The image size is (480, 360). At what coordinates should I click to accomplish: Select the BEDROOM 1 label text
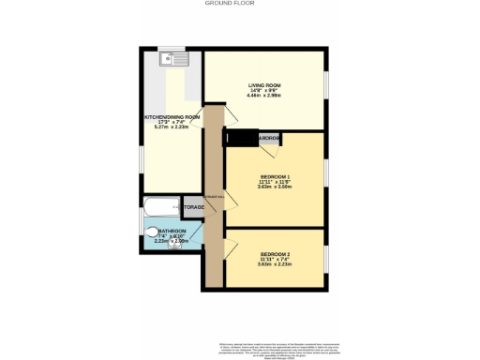coord(276,176)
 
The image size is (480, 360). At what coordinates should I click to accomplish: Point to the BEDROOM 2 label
coord(276,255)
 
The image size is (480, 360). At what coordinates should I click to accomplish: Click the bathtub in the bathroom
coord(162,207)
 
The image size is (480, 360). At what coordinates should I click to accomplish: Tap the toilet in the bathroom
coord(152,231)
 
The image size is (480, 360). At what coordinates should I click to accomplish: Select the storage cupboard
coord(194,207)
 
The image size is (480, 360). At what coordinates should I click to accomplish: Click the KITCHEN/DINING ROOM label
coord(172,117)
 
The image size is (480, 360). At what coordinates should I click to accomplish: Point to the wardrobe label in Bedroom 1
coord(269,139)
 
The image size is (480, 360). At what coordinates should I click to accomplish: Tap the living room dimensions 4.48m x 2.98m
coord(264,95)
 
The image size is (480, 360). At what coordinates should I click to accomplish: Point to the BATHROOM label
coord(172,230)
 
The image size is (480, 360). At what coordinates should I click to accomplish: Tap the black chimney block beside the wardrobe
coord(239,139)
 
